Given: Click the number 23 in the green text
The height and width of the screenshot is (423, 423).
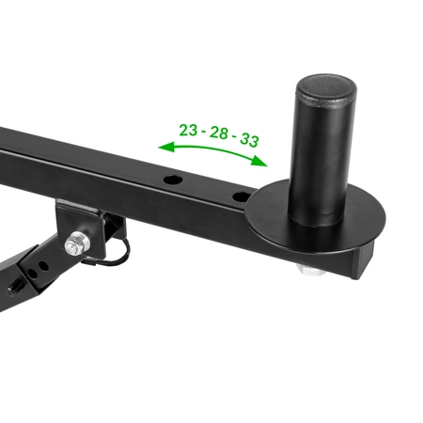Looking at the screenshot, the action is [x=188, y=130].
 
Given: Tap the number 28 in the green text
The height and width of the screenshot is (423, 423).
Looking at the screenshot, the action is [x=219, y=133].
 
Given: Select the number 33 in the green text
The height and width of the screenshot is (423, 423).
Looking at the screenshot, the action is [x=249, y=140].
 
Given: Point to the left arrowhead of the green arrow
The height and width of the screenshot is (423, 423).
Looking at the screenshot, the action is [x=166, y=147].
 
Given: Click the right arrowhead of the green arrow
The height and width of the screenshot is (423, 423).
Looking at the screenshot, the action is [x=259, y=162].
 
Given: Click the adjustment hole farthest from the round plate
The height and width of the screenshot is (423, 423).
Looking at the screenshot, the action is [x=173, y=180].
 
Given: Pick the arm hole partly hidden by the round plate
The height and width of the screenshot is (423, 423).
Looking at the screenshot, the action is [x=241, y=196].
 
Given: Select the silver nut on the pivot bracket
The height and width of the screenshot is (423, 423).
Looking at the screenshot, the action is [x=77, y=243].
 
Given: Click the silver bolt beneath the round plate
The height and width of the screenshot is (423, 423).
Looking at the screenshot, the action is [x=309, y=270].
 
